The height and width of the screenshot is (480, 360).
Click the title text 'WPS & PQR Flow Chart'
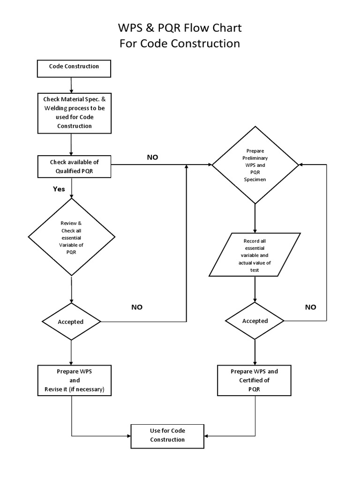point(180,28)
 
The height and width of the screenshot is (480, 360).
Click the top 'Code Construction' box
point(74,68)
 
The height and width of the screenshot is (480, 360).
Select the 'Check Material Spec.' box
point(74,112)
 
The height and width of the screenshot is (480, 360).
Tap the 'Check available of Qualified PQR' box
point(74,166)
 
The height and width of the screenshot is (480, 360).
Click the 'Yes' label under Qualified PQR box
point(59,189)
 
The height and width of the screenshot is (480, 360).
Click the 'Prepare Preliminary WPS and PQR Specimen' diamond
point(255,165)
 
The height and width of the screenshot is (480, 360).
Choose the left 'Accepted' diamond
point(71,322)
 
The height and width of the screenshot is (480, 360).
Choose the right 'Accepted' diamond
point(255,321)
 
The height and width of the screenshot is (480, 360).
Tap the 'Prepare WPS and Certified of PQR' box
point(255,381)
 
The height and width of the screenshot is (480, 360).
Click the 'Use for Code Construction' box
point(167,435)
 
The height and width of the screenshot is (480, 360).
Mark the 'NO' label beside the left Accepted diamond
point(137,307)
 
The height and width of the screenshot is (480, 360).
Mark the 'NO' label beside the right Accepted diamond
point(310,307)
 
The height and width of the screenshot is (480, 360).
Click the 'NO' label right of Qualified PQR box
point(153,157)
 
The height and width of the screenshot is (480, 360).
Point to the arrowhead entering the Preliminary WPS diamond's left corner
point(209,165)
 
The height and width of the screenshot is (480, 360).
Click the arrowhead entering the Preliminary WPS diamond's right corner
point(301,165)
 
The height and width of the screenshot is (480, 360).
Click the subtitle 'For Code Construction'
point(180,44)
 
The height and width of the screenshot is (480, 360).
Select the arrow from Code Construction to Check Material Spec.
point(71,84)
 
